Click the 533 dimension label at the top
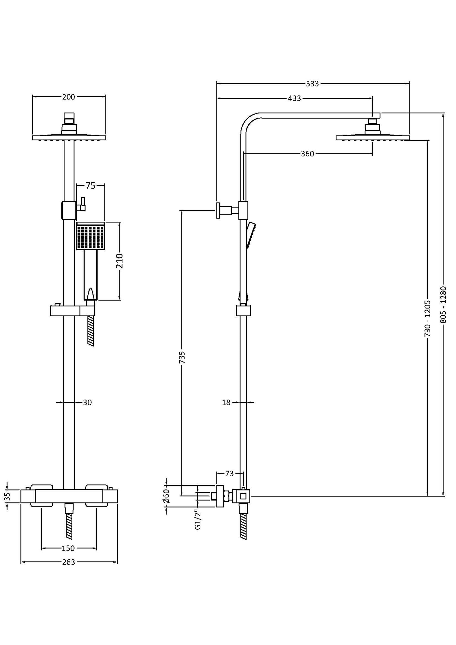point(312,84)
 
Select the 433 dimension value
point(294,98)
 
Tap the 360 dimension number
point(307,154)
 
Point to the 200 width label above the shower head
point(68,97)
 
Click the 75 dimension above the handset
point(91,186)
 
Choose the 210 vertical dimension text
point(120,261)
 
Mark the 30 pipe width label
point(87,402)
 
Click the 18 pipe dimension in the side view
point(226,402)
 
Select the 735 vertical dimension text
point(182,357)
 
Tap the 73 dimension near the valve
point(229,473)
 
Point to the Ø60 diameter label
point(167,496)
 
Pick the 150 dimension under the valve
point(68,548)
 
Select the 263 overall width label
point(68,562)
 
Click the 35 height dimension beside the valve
point(8,496)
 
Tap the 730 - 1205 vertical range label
point(427,319)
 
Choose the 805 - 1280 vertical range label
point(443,304)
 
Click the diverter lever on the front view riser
point(83,204)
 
